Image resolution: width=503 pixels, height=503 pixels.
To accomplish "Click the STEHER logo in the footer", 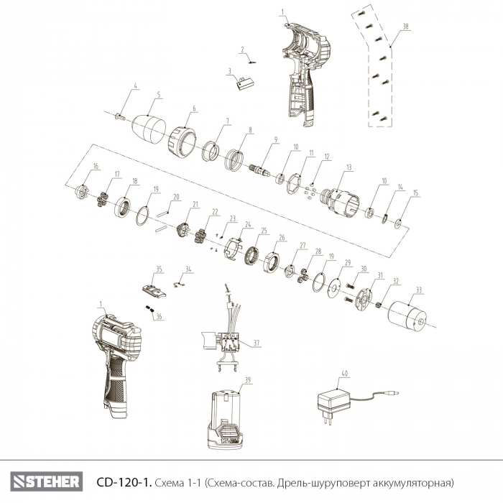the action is coord(47,481).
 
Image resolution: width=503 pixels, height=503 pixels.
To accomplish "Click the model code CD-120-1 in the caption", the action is coord(124,482).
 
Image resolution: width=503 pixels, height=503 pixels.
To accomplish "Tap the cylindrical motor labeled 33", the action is coord(407,315).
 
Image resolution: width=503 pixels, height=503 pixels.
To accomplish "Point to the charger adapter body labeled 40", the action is coord(333,402).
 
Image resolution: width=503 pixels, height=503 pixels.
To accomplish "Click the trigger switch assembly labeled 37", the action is coord(221,344).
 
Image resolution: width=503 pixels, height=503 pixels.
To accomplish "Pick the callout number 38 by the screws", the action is coord(406,27).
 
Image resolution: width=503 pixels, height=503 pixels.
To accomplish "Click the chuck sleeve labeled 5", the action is coord(149,129).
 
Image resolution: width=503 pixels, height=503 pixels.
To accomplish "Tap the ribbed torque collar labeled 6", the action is coord(182,142).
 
